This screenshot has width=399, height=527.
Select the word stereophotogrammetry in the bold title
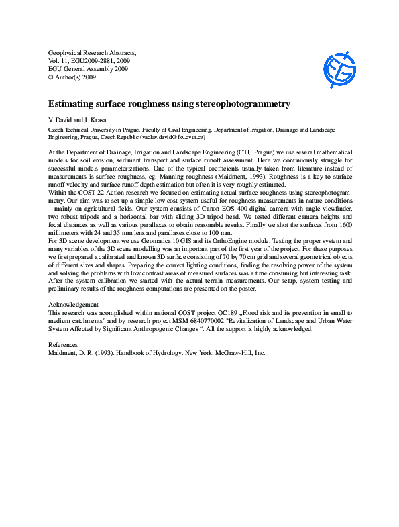click(245, 105)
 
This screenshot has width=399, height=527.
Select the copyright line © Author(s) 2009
click(72, 77)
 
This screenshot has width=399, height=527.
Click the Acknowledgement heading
click(76, 304)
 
